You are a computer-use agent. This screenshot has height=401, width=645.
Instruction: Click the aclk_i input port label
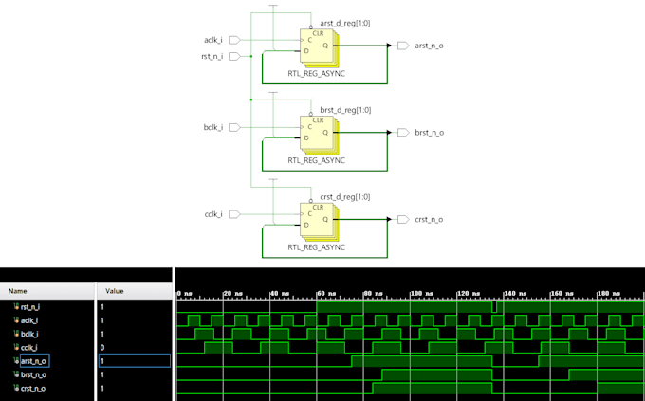tap(213, 40)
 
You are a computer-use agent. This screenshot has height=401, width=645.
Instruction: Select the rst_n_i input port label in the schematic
tap(212, 57)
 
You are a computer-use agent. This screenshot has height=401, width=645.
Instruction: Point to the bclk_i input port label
tap(213, 127)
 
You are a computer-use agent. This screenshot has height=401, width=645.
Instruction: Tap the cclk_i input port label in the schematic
tap(213, 214)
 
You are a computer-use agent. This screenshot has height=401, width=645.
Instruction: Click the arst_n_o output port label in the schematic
tap(429, 46)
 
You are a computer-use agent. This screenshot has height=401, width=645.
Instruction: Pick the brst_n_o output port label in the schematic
tap(429, 132)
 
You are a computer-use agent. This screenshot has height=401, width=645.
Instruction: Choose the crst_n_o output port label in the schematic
tap(429, 219)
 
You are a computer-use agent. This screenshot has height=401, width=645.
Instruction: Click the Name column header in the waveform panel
tap(18, 291)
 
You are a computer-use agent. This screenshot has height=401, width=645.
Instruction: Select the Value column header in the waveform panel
tap(115, 291)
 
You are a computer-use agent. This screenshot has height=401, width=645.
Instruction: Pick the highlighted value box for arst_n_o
tap(134, 361)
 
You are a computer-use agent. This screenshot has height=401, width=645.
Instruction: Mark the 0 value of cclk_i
tap(103, 348)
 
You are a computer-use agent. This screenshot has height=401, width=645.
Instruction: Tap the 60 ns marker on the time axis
tap(327, 293)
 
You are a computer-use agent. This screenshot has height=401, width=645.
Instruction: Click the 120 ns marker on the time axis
tap(470, 293)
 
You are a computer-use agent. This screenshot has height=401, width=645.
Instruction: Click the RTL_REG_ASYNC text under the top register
tap(316, 73)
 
